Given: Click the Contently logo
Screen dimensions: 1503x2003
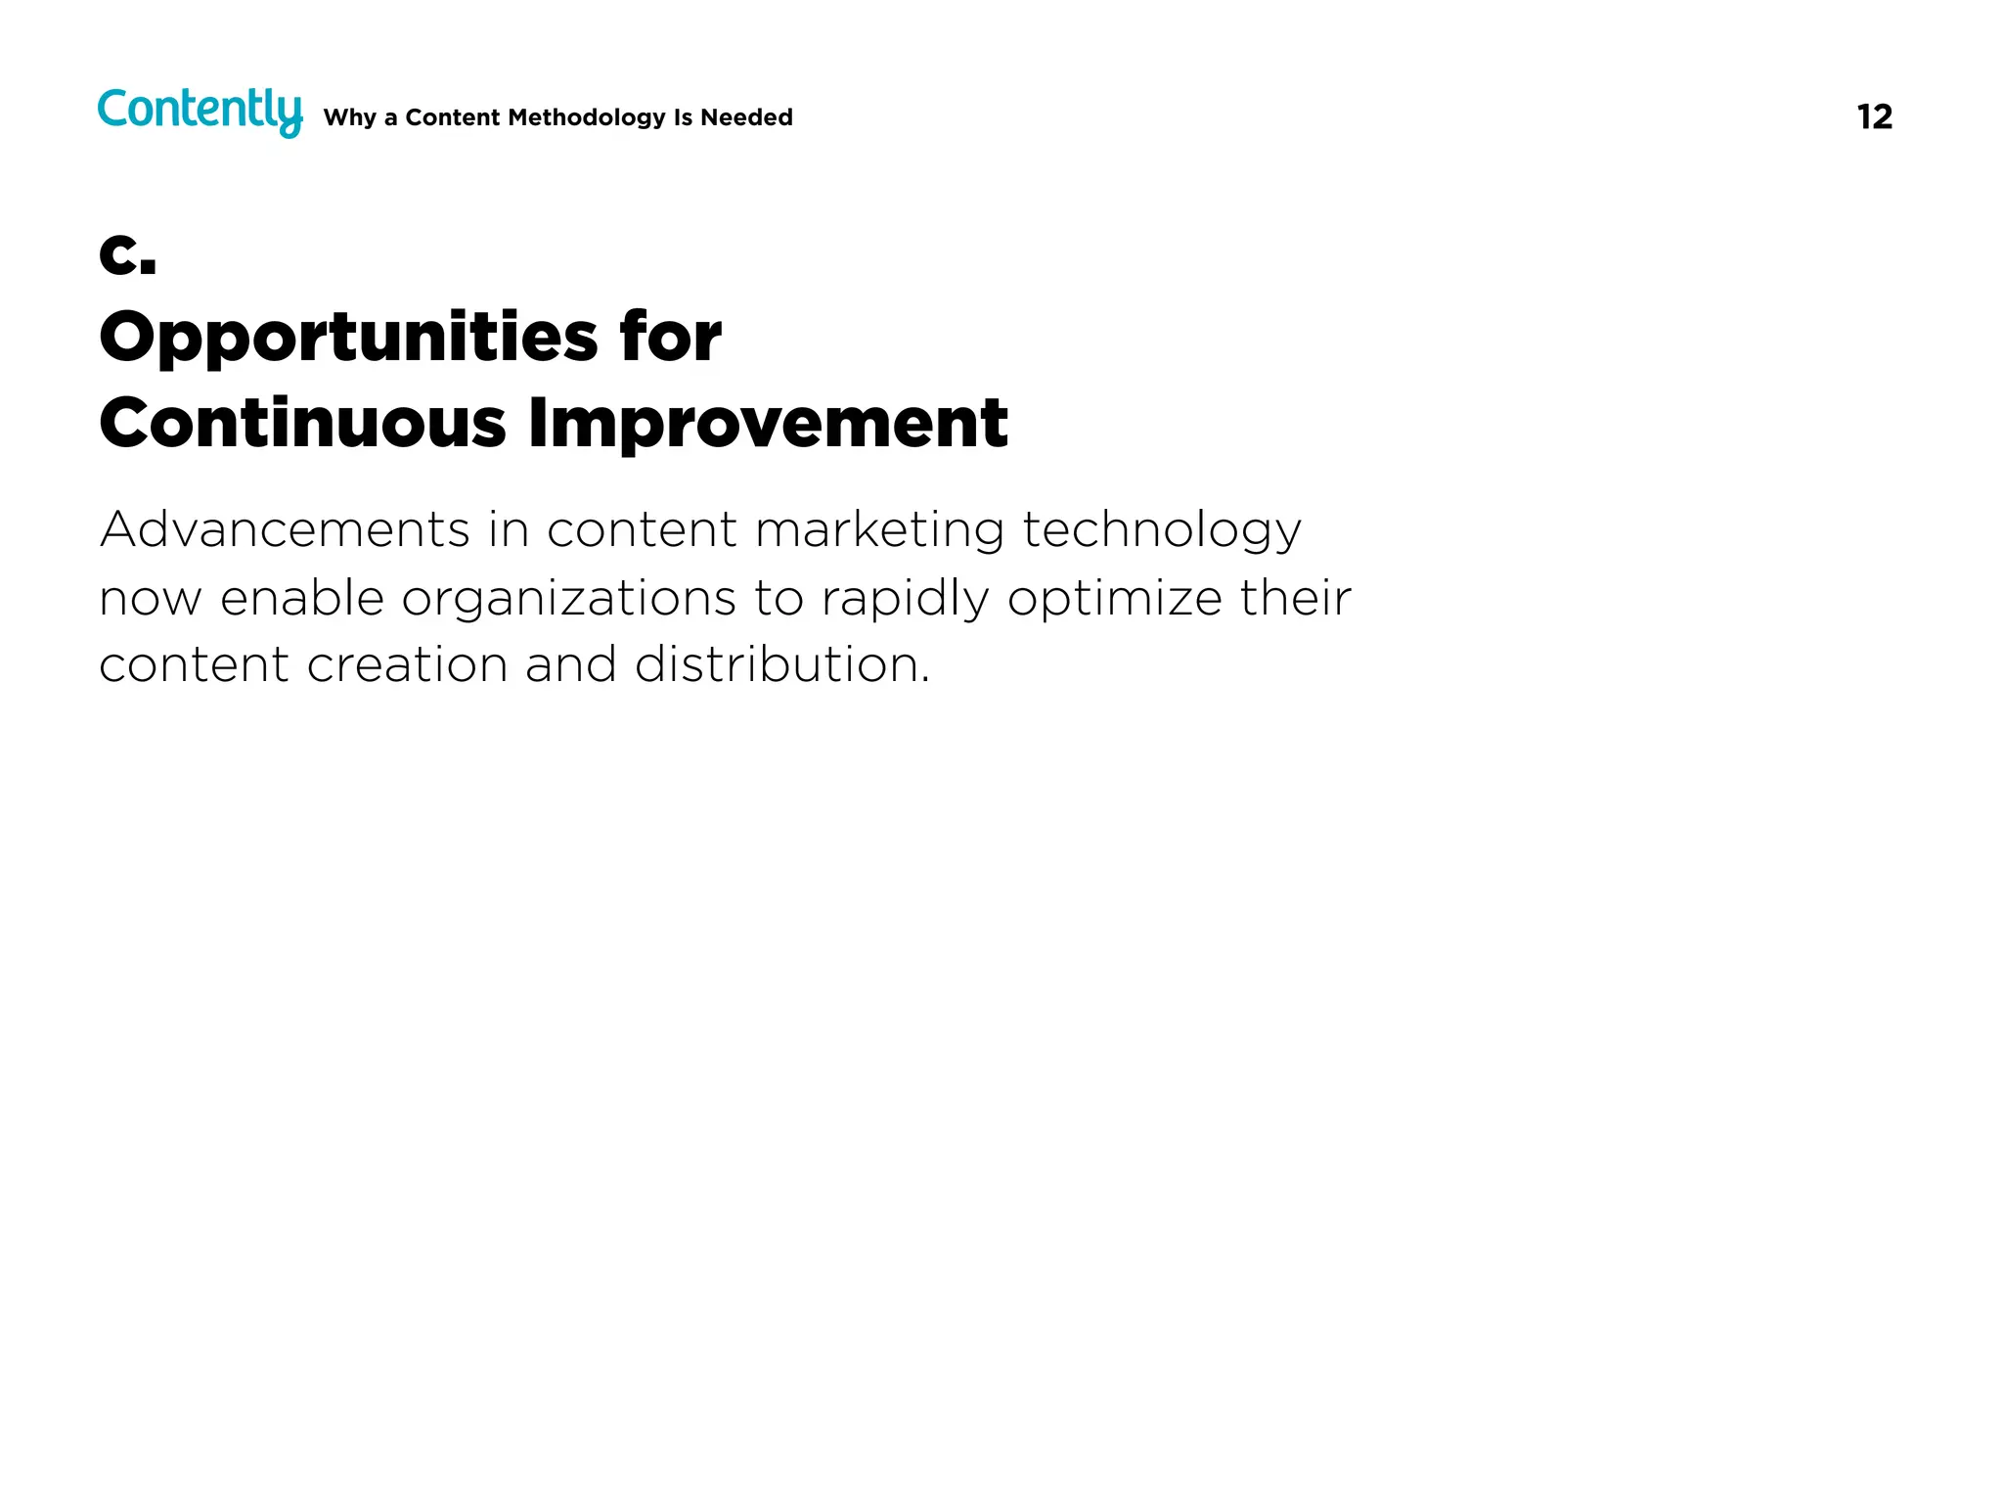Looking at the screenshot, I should pos(200,111).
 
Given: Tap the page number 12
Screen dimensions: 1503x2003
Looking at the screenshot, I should pos(1874,117).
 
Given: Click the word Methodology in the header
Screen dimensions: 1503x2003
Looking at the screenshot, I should pos(587,117).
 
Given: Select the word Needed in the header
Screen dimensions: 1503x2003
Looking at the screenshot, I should pos(746,117).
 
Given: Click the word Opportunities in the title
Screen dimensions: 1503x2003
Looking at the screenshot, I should pos(348,338).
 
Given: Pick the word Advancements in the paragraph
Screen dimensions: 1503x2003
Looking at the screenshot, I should pos(285,529).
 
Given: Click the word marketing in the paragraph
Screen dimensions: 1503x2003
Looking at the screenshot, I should pos(879,529).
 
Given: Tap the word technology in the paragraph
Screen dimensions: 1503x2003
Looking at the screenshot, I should pos(1162,529).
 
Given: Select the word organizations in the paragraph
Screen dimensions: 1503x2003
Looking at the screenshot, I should pos(568,598).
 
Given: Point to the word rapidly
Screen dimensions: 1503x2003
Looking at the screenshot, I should pos(905,598).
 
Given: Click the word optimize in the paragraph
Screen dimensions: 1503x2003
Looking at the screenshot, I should pos(1114,598).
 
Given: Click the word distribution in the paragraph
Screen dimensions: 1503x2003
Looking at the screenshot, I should pos(781,665).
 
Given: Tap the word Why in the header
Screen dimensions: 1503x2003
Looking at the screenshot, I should pos(349,117).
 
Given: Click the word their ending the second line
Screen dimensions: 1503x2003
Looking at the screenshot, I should pos(1295,598).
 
